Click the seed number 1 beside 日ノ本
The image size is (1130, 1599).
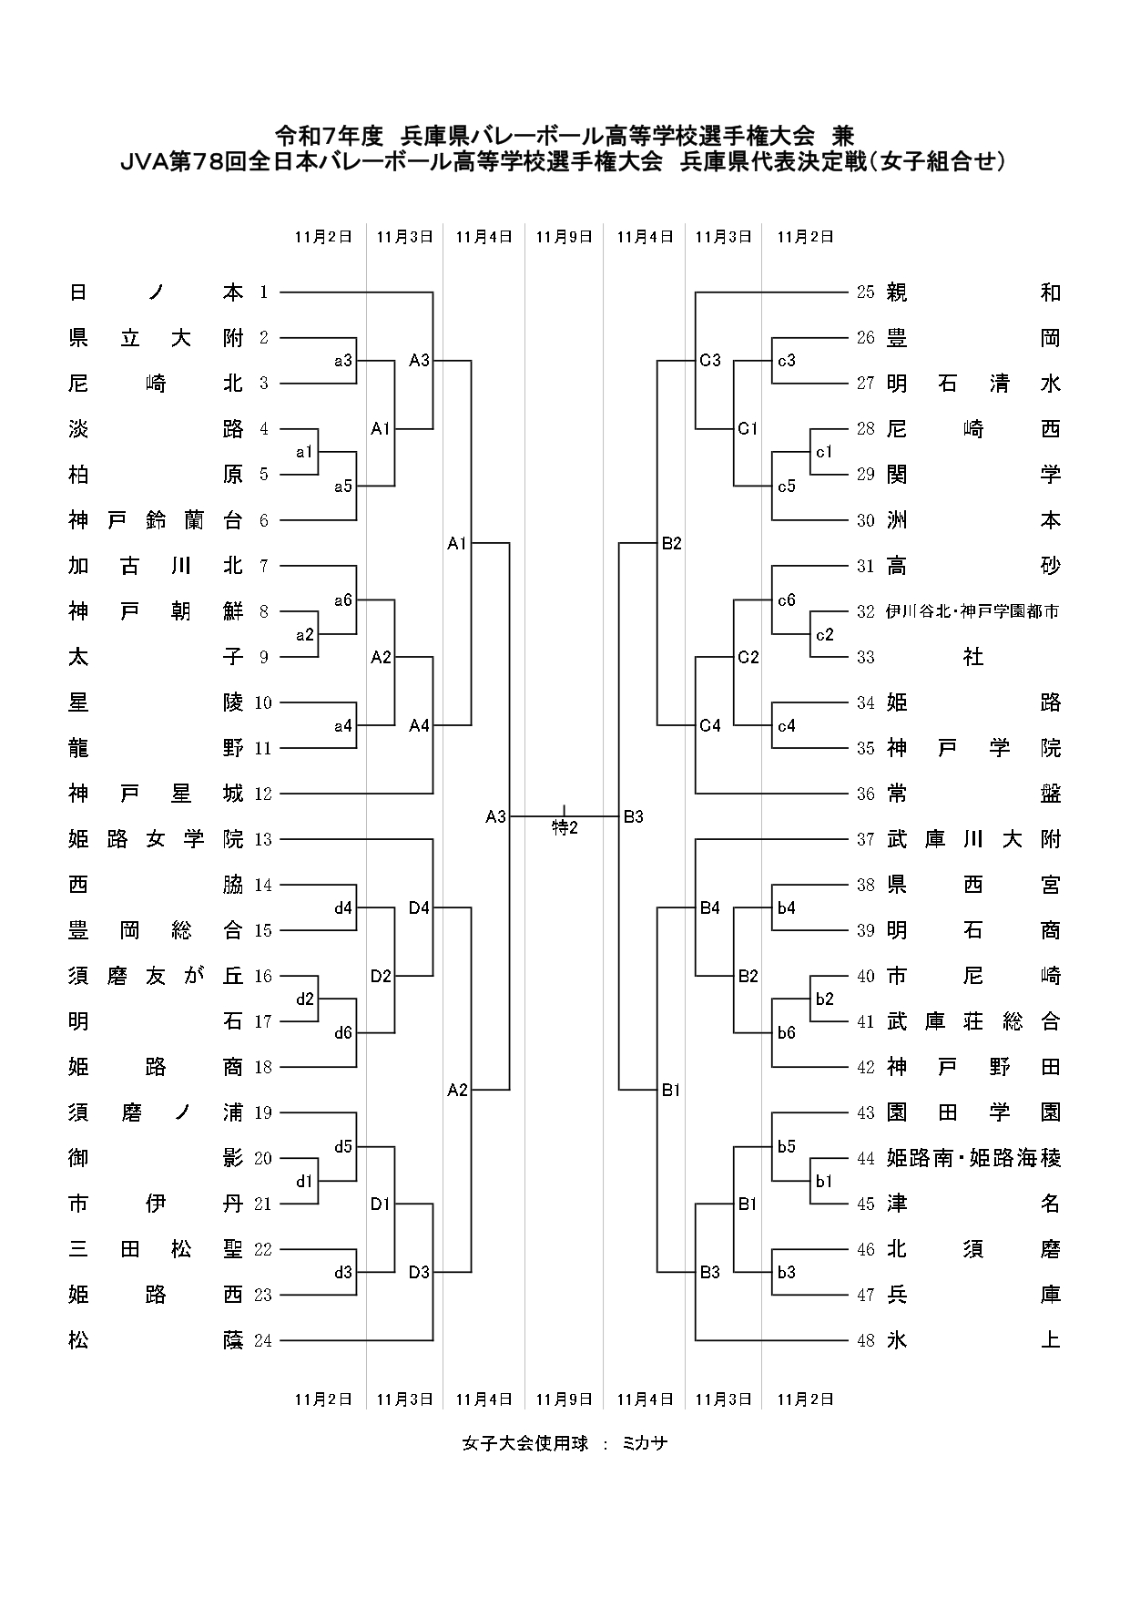click(x=263, y=292)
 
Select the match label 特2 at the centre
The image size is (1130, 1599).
click(x=565, y=827)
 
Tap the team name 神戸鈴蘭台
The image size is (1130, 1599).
click(x=156, y=520)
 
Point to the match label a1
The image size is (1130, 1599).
click(x=304, y=452)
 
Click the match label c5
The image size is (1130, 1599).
click(x=786, y=487)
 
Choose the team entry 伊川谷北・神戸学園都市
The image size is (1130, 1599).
click(x=972, y=611)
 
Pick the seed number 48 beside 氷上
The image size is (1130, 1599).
click(x=865, y=1340)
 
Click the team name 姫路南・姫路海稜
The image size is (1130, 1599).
click(x=972, y=1158)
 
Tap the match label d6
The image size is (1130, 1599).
click(x=342, y=1033)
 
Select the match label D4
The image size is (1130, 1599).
click(x=419, y=907)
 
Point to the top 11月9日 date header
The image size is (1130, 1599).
click(x=564, y=237)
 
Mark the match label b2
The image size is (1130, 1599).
click(x=824, y=999)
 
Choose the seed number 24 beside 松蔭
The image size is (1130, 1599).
click(x=263, y=1340)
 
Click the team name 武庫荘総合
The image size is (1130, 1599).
click(x=972, y=1021)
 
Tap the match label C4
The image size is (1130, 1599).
click(x=710, y=725)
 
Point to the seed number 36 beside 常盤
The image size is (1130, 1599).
click(x=865, y=794)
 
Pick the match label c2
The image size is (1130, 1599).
click(x=824, y=634)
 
